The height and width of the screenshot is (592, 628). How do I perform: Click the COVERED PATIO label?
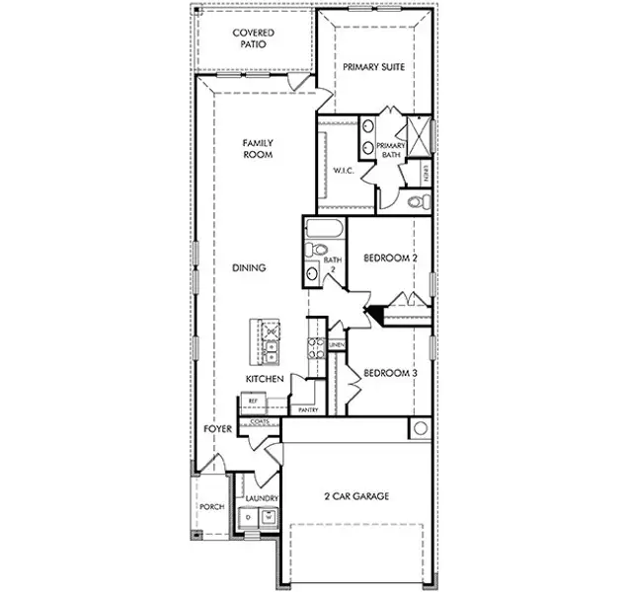coord(253,39)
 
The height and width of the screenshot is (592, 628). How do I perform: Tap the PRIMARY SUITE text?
coord(374,67)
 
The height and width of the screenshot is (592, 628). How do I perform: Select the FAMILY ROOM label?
coord(258,149)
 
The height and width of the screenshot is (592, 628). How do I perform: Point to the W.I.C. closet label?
coord(343,170)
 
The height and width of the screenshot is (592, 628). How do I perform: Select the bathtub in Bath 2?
coord(323,233)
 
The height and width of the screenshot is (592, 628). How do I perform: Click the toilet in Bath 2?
coord(315,273)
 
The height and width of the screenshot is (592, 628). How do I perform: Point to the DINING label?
coord(251,267)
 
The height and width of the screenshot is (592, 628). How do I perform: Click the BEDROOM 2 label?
coord(391,259)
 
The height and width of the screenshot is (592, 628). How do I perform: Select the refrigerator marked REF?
coord(253,401)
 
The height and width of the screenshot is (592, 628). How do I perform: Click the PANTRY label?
coord(308,408)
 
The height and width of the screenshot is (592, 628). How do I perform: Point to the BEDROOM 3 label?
coord(391,373)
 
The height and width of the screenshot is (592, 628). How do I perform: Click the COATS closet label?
coord(261,421)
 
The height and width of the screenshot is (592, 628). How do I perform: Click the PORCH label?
coord(211,507)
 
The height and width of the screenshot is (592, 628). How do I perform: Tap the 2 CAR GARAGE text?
coord(356,496)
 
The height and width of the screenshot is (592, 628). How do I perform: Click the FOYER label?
coord(217,429)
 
